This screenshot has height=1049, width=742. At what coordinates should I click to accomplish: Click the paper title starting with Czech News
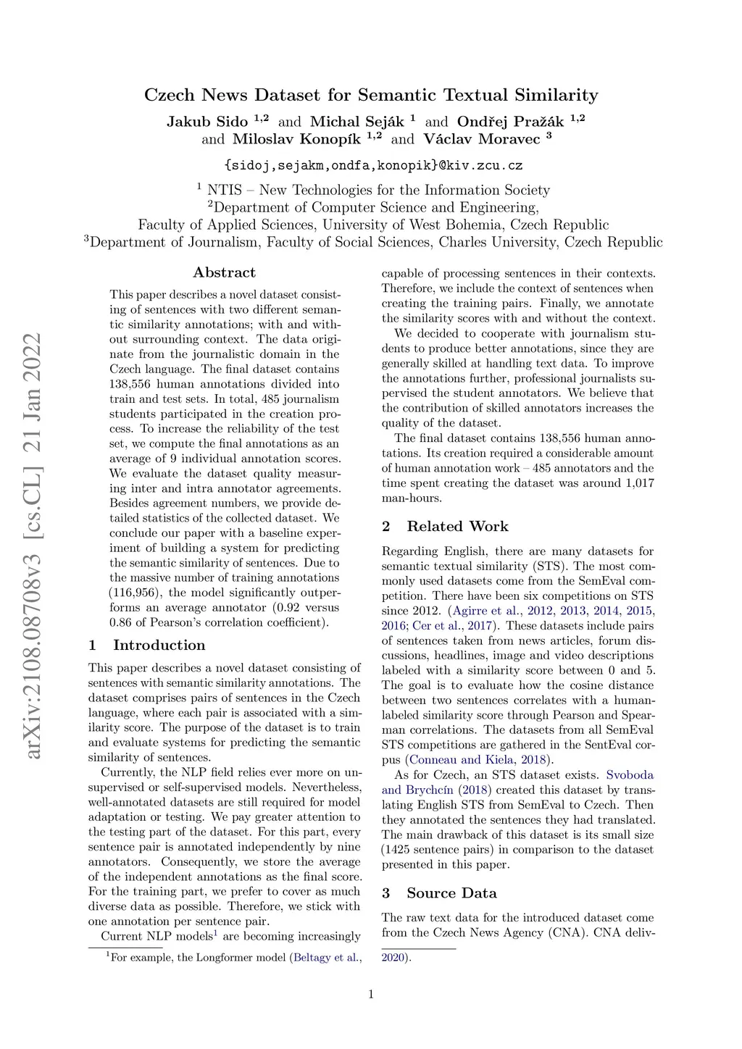pyautogui.click(x=371, y=95)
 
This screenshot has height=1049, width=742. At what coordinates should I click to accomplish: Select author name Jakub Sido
pyautogui.click(x=207, y=121)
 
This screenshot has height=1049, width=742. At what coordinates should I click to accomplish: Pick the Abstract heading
pyautogui.click(x=224, y=272)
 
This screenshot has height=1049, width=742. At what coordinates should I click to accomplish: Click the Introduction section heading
pyautogui.click(x=159, y=645)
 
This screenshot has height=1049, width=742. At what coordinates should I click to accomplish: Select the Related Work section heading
pyautogui.click(x=457, y=526)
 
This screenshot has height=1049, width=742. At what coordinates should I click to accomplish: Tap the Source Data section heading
pyautogui.click(x=451, y=893)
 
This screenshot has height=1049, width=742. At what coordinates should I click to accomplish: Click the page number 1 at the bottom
pyautogui.click(x=371, y=994)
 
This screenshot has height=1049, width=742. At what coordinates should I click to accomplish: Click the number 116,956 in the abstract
pyautogui.click(x=136, y=593)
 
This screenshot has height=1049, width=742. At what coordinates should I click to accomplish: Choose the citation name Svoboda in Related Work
pyautogui.click(x=629, y=774)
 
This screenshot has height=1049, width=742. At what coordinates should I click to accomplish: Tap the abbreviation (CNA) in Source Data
pyautogui.click(x=570, y=932)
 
